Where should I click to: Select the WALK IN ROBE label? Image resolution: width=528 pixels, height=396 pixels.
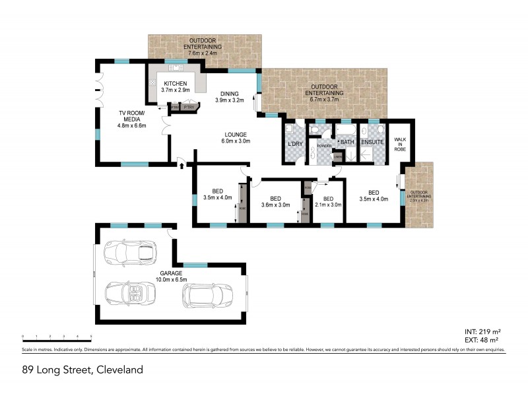point(400,145)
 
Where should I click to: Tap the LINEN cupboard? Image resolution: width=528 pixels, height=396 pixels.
point(337,156)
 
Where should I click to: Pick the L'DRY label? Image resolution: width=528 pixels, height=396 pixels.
point(294,144)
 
